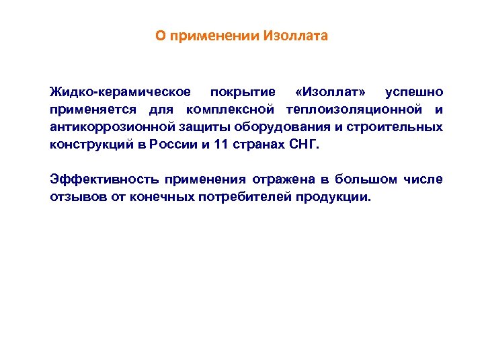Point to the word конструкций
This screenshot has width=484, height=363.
87,145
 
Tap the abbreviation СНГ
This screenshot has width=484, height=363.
303,145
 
